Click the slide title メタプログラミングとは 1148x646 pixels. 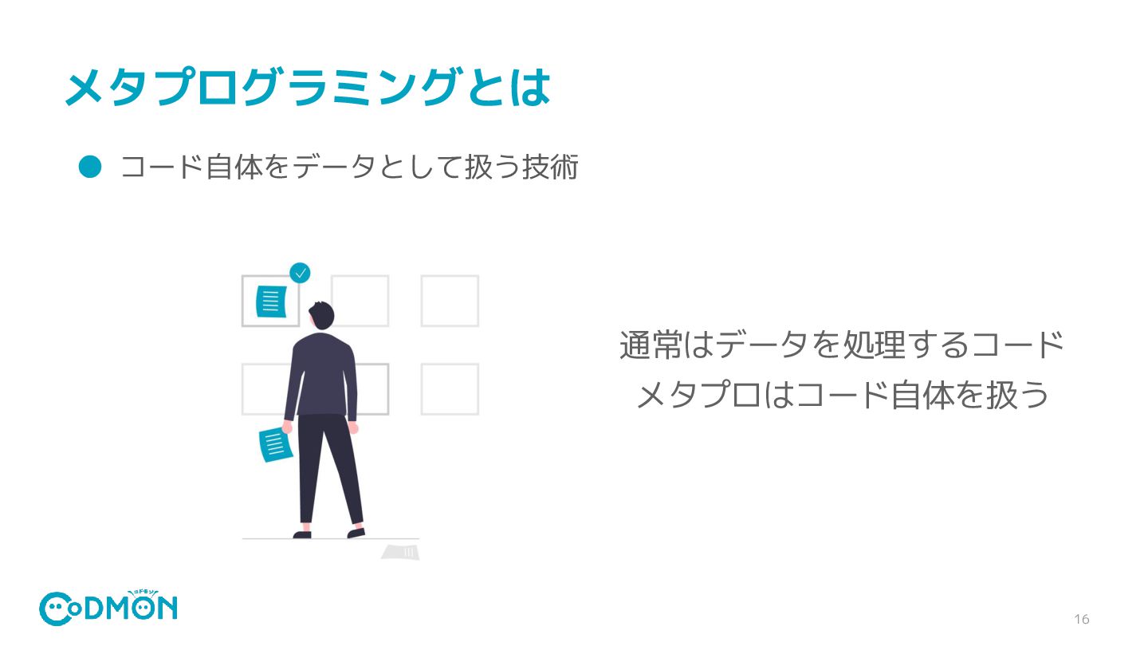[307, 88]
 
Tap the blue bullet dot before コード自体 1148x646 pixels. [91, 166]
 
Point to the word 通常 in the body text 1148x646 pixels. [651, 346]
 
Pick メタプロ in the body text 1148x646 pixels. [698, 396]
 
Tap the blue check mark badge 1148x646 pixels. [300, 274]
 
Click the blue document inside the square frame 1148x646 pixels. [270, 300]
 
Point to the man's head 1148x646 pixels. [321, 316]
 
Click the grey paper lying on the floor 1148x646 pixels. [401, 551]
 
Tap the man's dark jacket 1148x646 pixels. [322, 375]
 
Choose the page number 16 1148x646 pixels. [1082, 620]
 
